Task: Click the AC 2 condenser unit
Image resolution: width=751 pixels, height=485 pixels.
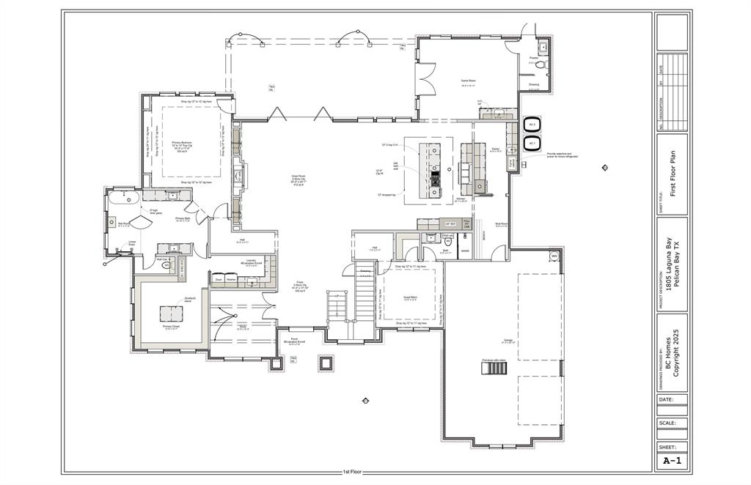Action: click(x=532, y=125)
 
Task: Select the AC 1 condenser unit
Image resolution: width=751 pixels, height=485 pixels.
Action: click(x=532, y=144)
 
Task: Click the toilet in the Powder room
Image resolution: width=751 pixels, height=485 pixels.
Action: click(x=541, y=64)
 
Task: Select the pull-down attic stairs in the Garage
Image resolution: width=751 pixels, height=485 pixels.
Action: click(x=494, y=367)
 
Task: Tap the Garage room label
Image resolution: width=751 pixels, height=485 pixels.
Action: click(x=508, y=340)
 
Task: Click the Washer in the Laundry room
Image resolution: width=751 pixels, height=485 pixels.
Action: click(x=231, y=279)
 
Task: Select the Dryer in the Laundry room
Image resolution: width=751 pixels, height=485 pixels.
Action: click(x=218, y=279)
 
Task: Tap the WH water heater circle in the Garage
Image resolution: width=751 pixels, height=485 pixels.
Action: click(x=554, y=256)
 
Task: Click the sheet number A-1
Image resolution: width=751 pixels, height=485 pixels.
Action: click(x=671, y=461)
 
